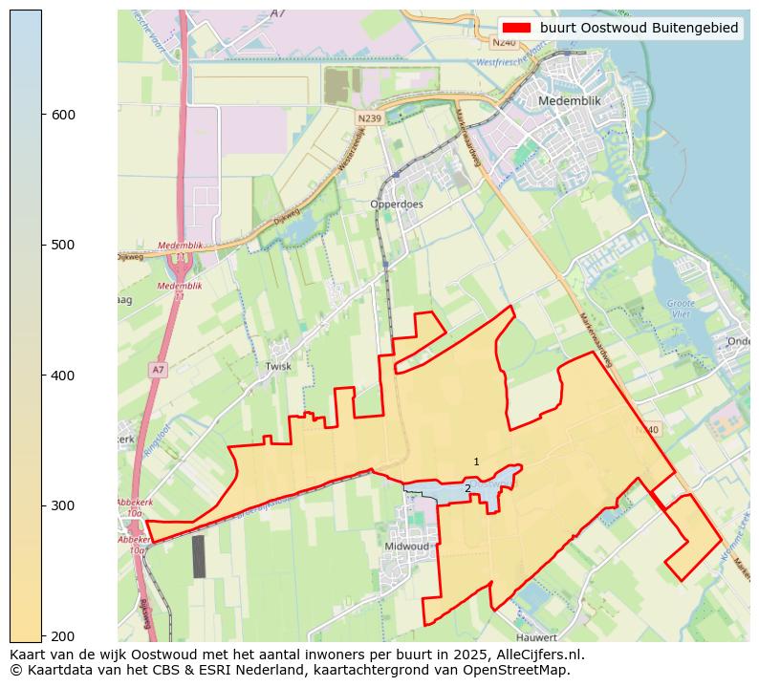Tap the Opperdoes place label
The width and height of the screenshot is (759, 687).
pos(397,204)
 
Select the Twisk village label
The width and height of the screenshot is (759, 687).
pos(278,366)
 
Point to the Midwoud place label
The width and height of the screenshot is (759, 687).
pos(406,546)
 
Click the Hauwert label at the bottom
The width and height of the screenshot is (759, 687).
pos(535,637)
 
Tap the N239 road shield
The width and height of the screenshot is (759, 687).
pos(370,118)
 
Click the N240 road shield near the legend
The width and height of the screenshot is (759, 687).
pos(505,43)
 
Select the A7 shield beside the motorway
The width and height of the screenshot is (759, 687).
pos(158,369)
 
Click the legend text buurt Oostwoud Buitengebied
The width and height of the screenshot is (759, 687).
pos(639,28)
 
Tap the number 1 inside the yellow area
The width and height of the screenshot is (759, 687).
pos(476,462)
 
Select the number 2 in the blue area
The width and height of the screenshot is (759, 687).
pos(467,488)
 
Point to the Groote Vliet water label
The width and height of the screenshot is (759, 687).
pos(680,308)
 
